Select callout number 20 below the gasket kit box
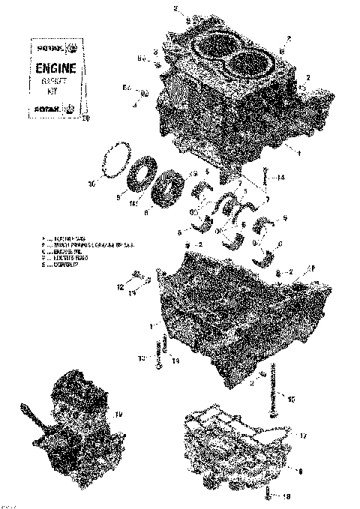tap(85, 118)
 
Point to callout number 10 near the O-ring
tap(91, 182)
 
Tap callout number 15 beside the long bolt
tap(291, 397)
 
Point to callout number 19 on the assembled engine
tap(117, 414)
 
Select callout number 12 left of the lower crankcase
tap(119, 287)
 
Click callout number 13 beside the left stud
tap(140, 358)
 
